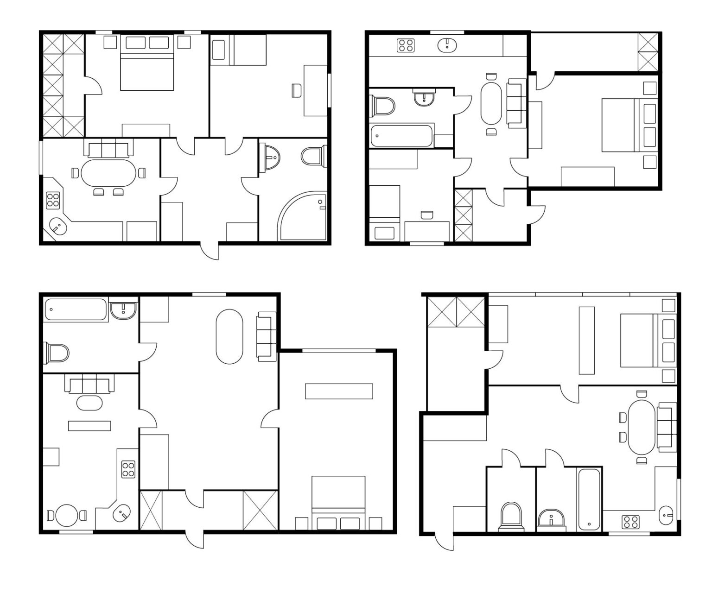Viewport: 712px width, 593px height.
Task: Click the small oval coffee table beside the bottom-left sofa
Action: click(89, 402)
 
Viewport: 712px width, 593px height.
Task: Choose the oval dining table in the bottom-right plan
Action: click(642, 427)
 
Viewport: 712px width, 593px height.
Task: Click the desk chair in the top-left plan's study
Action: click(296, 90)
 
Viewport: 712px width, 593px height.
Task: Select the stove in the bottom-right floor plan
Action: click(630, 522)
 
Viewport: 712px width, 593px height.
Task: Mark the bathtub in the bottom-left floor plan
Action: click(76, 309)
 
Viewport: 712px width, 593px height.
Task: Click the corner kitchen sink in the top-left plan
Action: click(58, 227)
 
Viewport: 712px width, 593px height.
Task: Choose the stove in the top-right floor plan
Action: click(406, 45)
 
